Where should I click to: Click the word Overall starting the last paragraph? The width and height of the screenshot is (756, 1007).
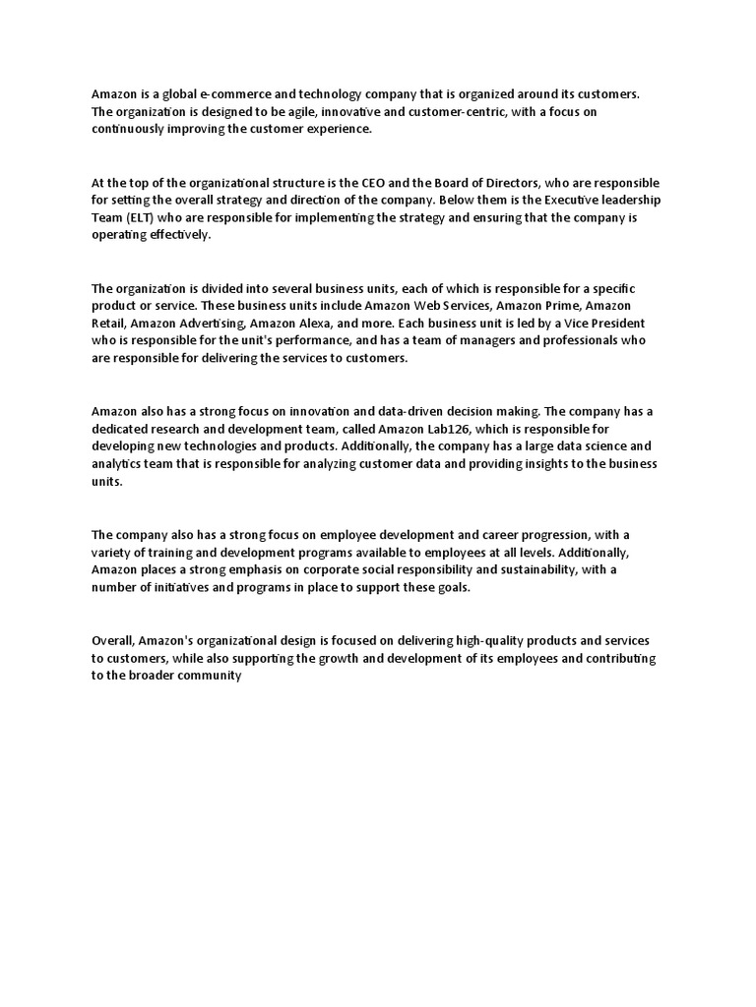113,640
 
